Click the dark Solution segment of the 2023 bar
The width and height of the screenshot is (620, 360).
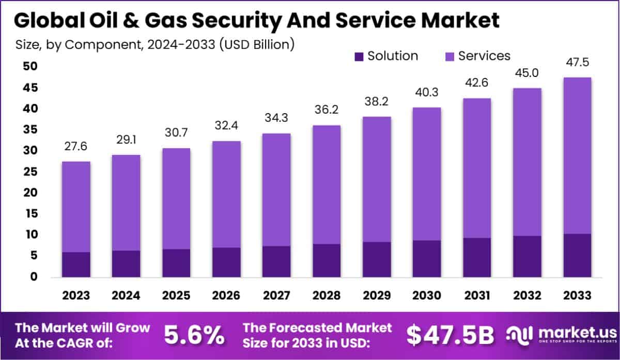[x=76, y=264]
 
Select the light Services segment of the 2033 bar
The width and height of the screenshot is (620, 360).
[x=577, y=155]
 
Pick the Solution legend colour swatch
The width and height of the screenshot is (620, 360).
[x=359, y=56]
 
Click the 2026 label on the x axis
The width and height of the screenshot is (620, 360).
[x=226, y=295]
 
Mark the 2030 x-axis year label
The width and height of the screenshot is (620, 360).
[x=427, y=295]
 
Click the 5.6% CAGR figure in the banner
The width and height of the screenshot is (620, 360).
[x=194, y=336]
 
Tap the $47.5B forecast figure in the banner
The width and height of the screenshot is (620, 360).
[x=450, y=336]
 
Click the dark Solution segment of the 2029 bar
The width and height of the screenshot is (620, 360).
[x=377, y=259]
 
